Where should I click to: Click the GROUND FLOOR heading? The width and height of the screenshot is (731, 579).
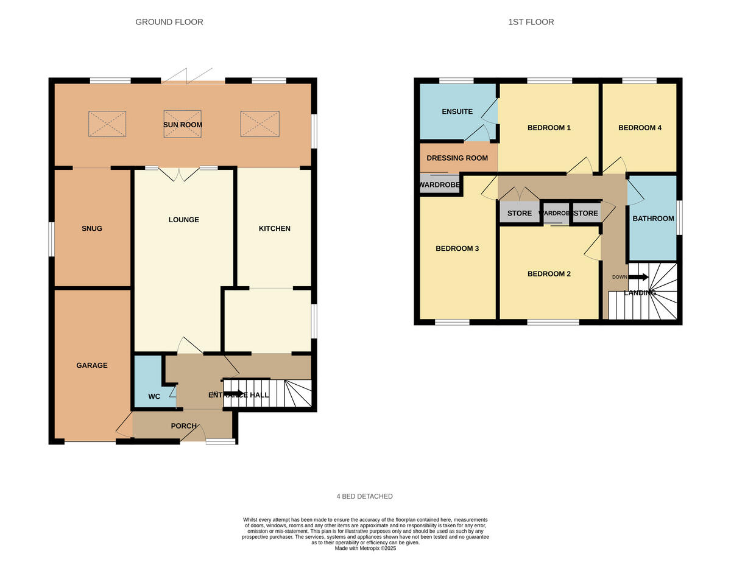[169, 22]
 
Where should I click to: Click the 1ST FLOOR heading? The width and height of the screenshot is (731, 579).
[531, 22]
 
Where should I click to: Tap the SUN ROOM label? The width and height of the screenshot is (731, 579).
[183, 125]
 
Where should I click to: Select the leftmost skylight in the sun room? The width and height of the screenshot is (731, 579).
[107, 124]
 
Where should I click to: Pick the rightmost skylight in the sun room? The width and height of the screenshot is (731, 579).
[259, 124]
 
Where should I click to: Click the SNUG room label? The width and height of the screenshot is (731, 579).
[92, 228]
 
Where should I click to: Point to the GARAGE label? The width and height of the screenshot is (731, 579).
[92, 365]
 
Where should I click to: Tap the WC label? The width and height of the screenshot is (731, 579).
[154, 396]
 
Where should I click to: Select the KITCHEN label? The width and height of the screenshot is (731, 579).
[275, 228]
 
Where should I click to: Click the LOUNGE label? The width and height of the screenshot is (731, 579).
[184, 219]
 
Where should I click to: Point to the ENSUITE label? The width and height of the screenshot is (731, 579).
[457, 111]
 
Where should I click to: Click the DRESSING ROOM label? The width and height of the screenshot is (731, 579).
[457, 158]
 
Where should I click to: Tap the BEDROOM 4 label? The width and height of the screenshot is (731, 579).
[640, 128]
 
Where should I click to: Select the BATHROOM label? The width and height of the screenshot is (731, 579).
[653, 218]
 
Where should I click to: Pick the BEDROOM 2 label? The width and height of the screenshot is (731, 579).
[549, 273]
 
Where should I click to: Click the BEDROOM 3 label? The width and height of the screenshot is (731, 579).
[457, 248]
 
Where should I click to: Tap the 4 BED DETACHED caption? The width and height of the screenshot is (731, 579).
[365, 496]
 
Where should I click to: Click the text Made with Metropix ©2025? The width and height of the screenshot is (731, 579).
[365, 548]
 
